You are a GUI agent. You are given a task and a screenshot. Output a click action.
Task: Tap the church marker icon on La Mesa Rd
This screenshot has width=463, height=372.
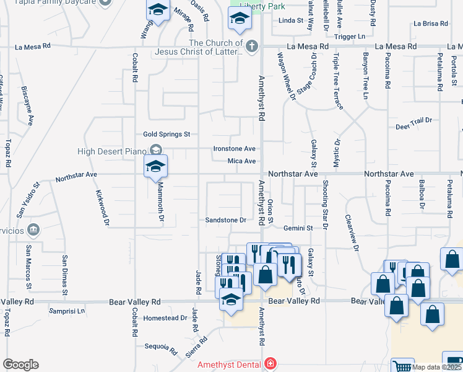click(251, 46)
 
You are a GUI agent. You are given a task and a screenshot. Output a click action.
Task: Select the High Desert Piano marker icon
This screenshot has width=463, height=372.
click(155, 151)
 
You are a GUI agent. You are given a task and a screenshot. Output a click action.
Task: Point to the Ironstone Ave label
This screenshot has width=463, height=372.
click(235, 149)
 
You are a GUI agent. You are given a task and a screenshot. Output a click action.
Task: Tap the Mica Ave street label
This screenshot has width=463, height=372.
click(241, 161)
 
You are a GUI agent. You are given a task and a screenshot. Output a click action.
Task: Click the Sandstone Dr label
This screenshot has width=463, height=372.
click(226, 220)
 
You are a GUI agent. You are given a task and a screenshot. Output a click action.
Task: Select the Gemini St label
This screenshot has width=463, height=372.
click(298, 228)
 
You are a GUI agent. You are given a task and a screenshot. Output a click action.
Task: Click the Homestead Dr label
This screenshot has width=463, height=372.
click(165, 318)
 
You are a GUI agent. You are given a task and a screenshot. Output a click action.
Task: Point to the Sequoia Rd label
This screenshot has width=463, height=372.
click(161, 347)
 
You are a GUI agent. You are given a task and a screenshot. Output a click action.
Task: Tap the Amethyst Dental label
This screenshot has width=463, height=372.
click(228, 365)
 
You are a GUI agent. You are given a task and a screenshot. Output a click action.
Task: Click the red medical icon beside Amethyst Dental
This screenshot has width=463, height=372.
click(270, 364)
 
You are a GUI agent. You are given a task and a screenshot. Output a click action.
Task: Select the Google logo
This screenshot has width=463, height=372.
click(20, 365)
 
